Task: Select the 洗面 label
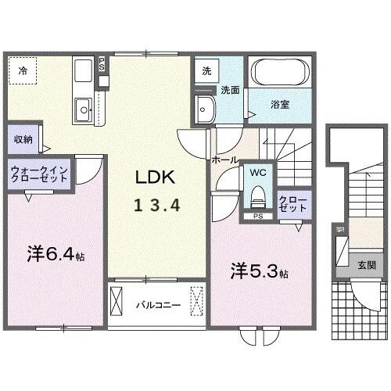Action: (228, 89)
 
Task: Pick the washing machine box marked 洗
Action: (206, 70)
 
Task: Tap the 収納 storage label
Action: (23, 139)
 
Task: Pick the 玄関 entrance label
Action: (366, 264)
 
